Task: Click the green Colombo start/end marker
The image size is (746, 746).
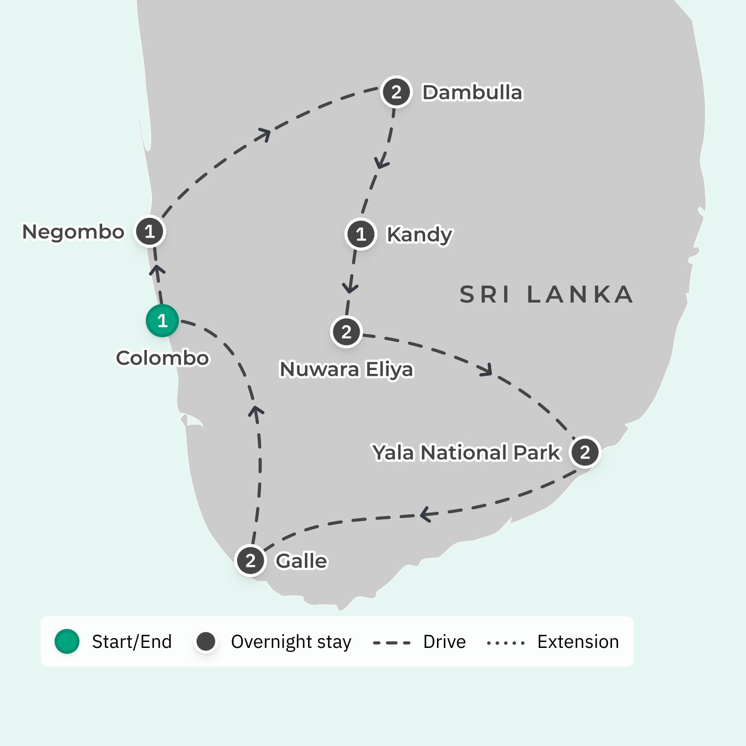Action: click(x=162, y=321)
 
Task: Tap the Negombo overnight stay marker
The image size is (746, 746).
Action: click(x=149, y=231)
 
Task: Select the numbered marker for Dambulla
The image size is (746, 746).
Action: click(x=396, y=92)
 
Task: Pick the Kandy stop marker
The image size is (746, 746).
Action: click(x=361, y=234)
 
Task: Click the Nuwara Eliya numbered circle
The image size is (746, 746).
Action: click(x=346, y=332)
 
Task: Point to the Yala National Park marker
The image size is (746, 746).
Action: click(x=585, y=452)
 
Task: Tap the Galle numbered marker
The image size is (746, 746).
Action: click(x=251, y=560)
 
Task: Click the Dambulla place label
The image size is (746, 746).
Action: click(x=472, y=93)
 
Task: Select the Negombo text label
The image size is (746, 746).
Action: click(x=73, y=232)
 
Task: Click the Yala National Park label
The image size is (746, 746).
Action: click(x=466, y=453)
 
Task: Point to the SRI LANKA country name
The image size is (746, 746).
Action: click(x=547, y=295)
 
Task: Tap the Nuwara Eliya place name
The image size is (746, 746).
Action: click(x=346, y=369)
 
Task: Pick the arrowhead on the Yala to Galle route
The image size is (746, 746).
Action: click(x=426, y=514)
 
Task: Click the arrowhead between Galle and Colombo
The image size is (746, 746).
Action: click(x=256, y=411)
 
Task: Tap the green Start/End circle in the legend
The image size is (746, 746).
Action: click(x=67, y=641)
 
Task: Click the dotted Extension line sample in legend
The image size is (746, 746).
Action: click(x=506, y=642)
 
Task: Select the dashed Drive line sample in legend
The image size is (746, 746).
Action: click(x=391, y=642)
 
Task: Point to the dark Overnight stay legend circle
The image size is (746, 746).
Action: click(x=206, y=641)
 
